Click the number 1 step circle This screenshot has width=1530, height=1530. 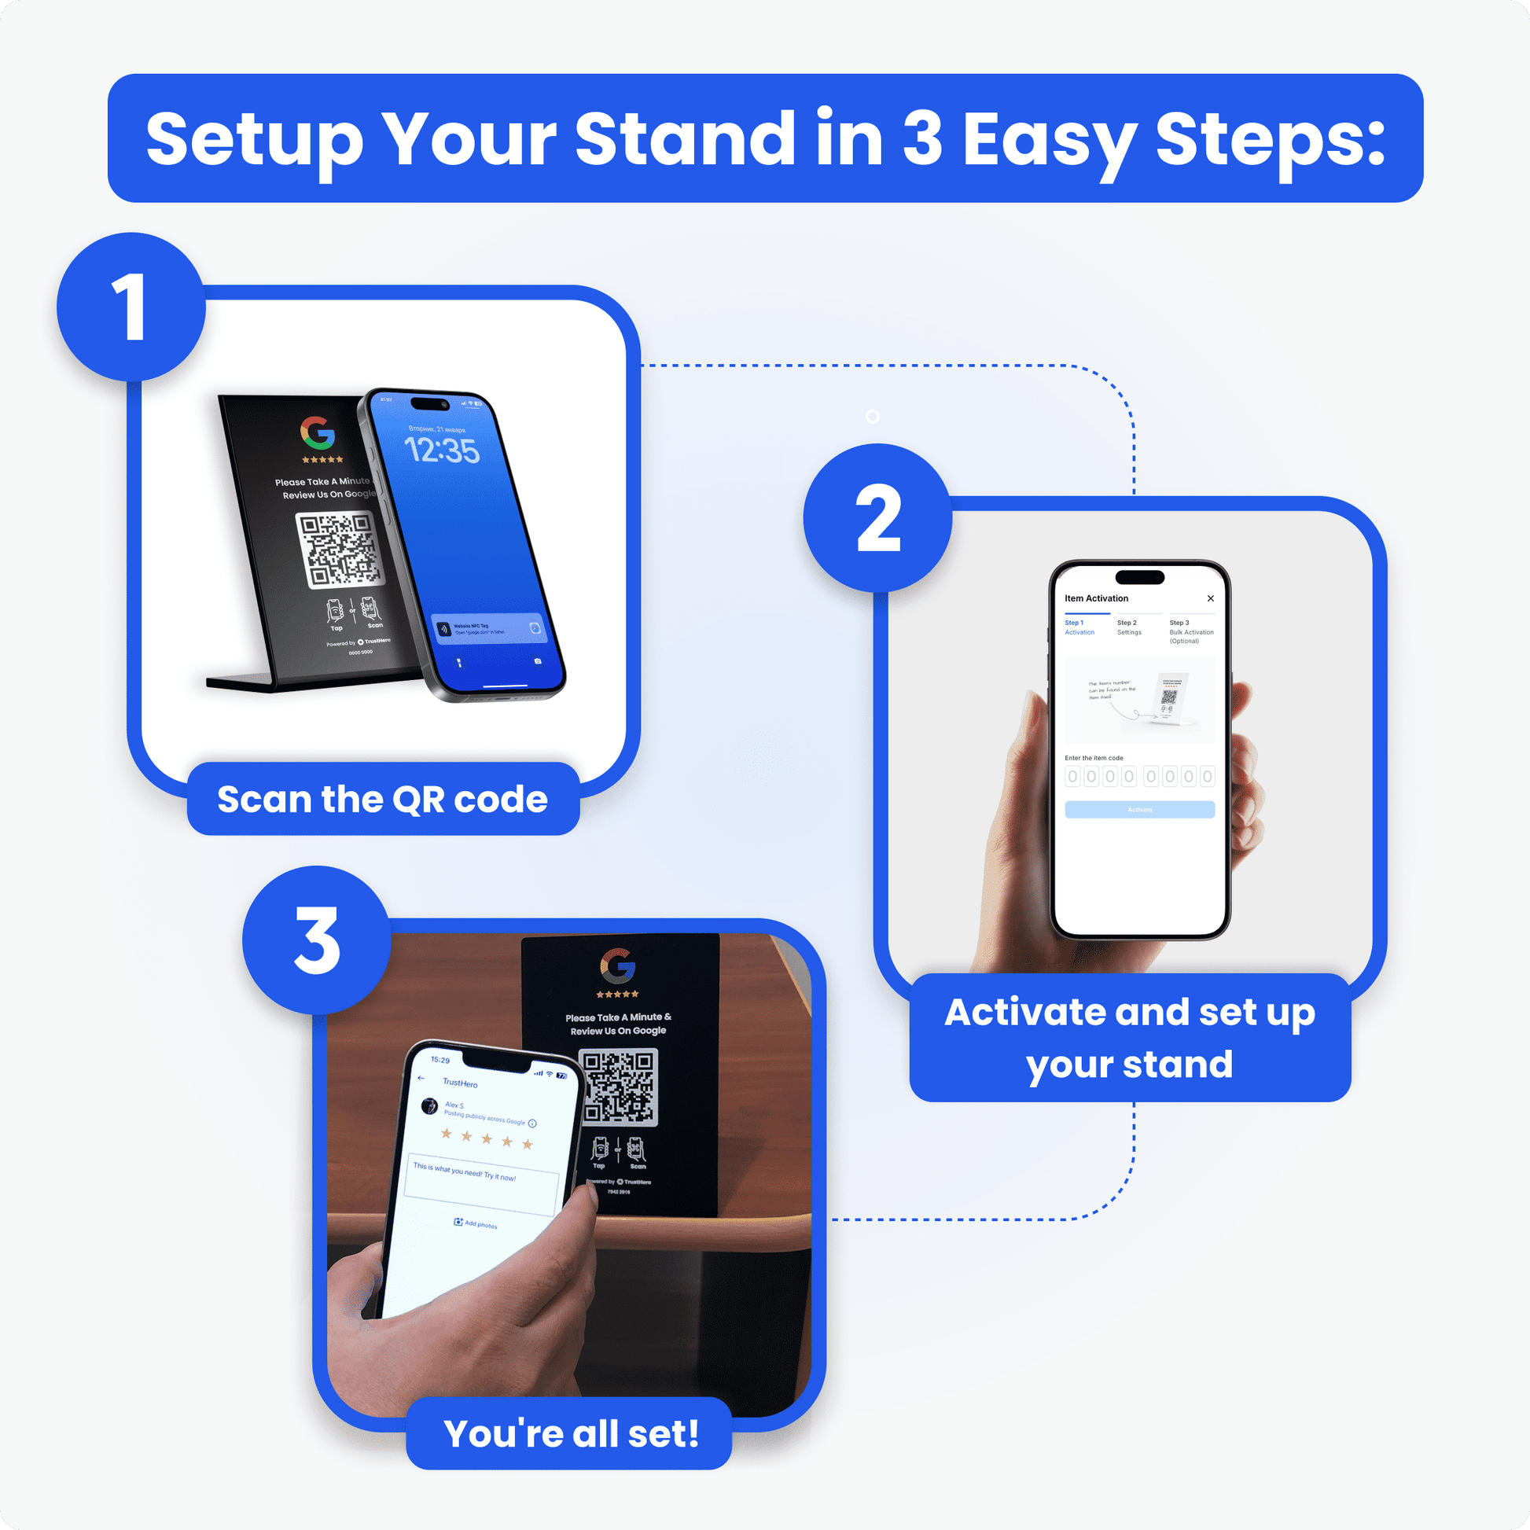tap(131, 307)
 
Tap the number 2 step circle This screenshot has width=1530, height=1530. tap(877, 518)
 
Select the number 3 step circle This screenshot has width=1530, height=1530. tap(317, 940)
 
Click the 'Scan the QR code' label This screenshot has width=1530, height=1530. tap(382, 799)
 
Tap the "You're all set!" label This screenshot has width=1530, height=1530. tap(570, 1433)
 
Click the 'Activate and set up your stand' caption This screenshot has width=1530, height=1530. tap(1129, 1037)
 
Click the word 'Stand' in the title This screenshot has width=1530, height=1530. tap(684, 139)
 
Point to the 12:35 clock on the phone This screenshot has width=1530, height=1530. tap(442, 451)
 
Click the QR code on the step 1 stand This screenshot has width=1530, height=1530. tap(339, 549)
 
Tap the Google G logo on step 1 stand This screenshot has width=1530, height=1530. tap(318, 432)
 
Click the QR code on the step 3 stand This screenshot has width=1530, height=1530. tap(619, 1086)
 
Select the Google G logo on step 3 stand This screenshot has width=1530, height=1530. tap(618, 965)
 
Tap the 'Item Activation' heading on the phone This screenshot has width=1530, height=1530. tap(1096, 598)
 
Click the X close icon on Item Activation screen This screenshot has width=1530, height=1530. tap(1210, 598)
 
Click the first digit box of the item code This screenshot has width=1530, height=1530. tap(1072, 777)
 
